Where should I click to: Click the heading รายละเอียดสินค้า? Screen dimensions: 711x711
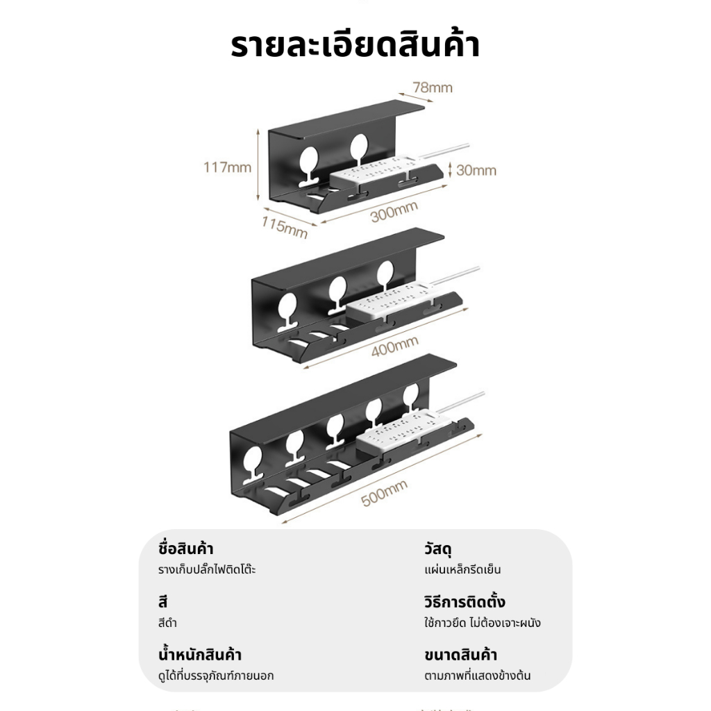coord(355,45)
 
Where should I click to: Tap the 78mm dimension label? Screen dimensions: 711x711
coord(433,87)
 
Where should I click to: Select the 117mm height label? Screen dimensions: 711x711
coord(227,167)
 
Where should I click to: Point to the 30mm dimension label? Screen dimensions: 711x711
coord(476,171)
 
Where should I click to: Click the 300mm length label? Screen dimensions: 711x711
coord(394,212)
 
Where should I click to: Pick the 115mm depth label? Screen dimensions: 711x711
coord(284,227)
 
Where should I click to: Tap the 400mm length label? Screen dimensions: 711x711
coord(394,347)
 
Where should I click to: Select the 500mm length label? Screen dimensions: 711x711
coord(384,493)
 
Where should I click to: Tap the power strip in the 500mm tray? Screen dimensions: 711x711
coord(399,428)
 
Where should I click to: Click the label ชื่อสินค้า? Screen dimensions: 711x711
coord(185,549)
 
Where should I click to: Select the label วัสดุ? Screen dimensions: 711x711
coord(437,549)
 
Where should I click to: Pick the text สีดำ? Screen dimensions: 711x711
coord(167,623)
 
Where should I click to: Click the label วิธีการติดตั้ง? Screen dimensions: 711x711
coord(465,601)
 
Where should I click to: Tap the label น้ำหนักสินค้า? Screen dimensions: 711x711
coord(200,654)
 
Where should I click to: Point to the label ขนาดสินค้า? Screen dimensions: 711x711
coord(461,655)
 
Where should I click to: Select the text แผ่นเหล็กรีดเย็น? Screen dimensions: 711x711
coord(462,569)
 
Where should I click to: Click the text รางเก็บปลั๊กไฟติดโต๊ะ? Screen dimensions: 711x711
coord(207,569)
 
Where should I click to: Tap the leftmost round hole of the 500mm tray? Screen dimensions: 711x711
coord(253,459)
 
